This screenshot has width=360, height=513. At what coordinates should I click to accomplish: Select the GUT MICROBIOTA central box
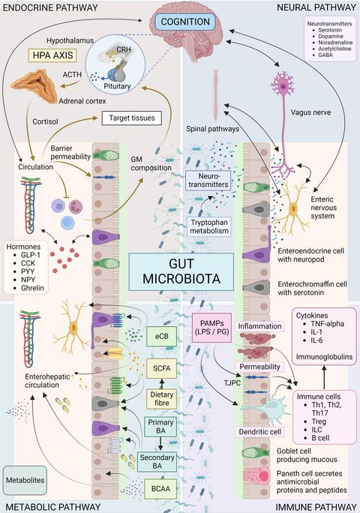(x=179, y=271)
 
